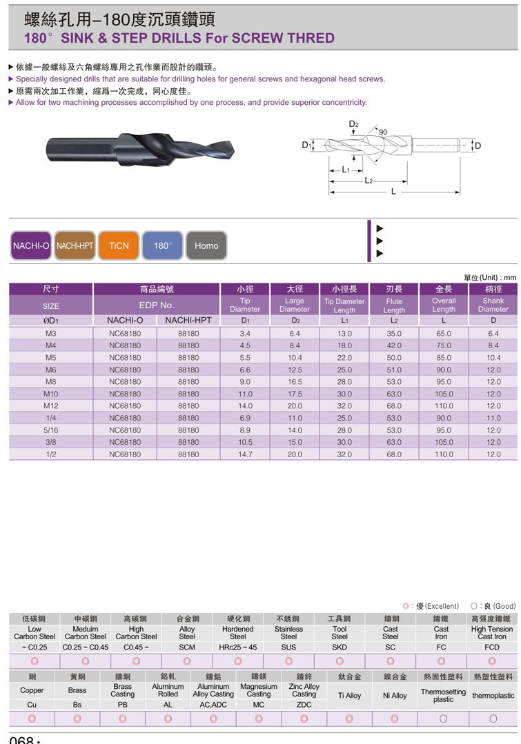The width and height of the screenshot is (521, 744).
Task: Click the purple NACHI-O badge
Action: coord(31,245)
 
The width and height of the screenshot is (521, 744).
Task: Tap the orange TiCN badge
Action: coord(119,245)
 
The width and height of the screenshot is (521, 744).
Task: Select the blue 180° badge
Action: coord(162,245)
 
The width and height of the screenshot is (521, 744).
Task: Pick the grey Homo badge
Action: coord(206,245)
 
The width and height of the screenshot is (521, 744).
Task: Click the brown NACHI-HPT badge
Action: coord(75,245)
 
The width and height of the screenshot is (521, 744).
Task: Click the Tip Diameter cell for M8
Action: coord(245,381)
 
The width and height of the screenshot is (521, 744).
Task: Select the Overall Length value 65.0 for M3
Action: coord(444,334)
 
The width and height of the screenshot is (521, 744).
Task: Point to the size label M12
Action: coord(51,405)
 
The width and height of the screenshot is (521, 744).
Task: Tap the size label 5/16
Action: coord(51,430)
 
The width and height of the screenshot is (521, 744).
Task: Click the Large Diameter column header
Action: coord(295,305)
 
